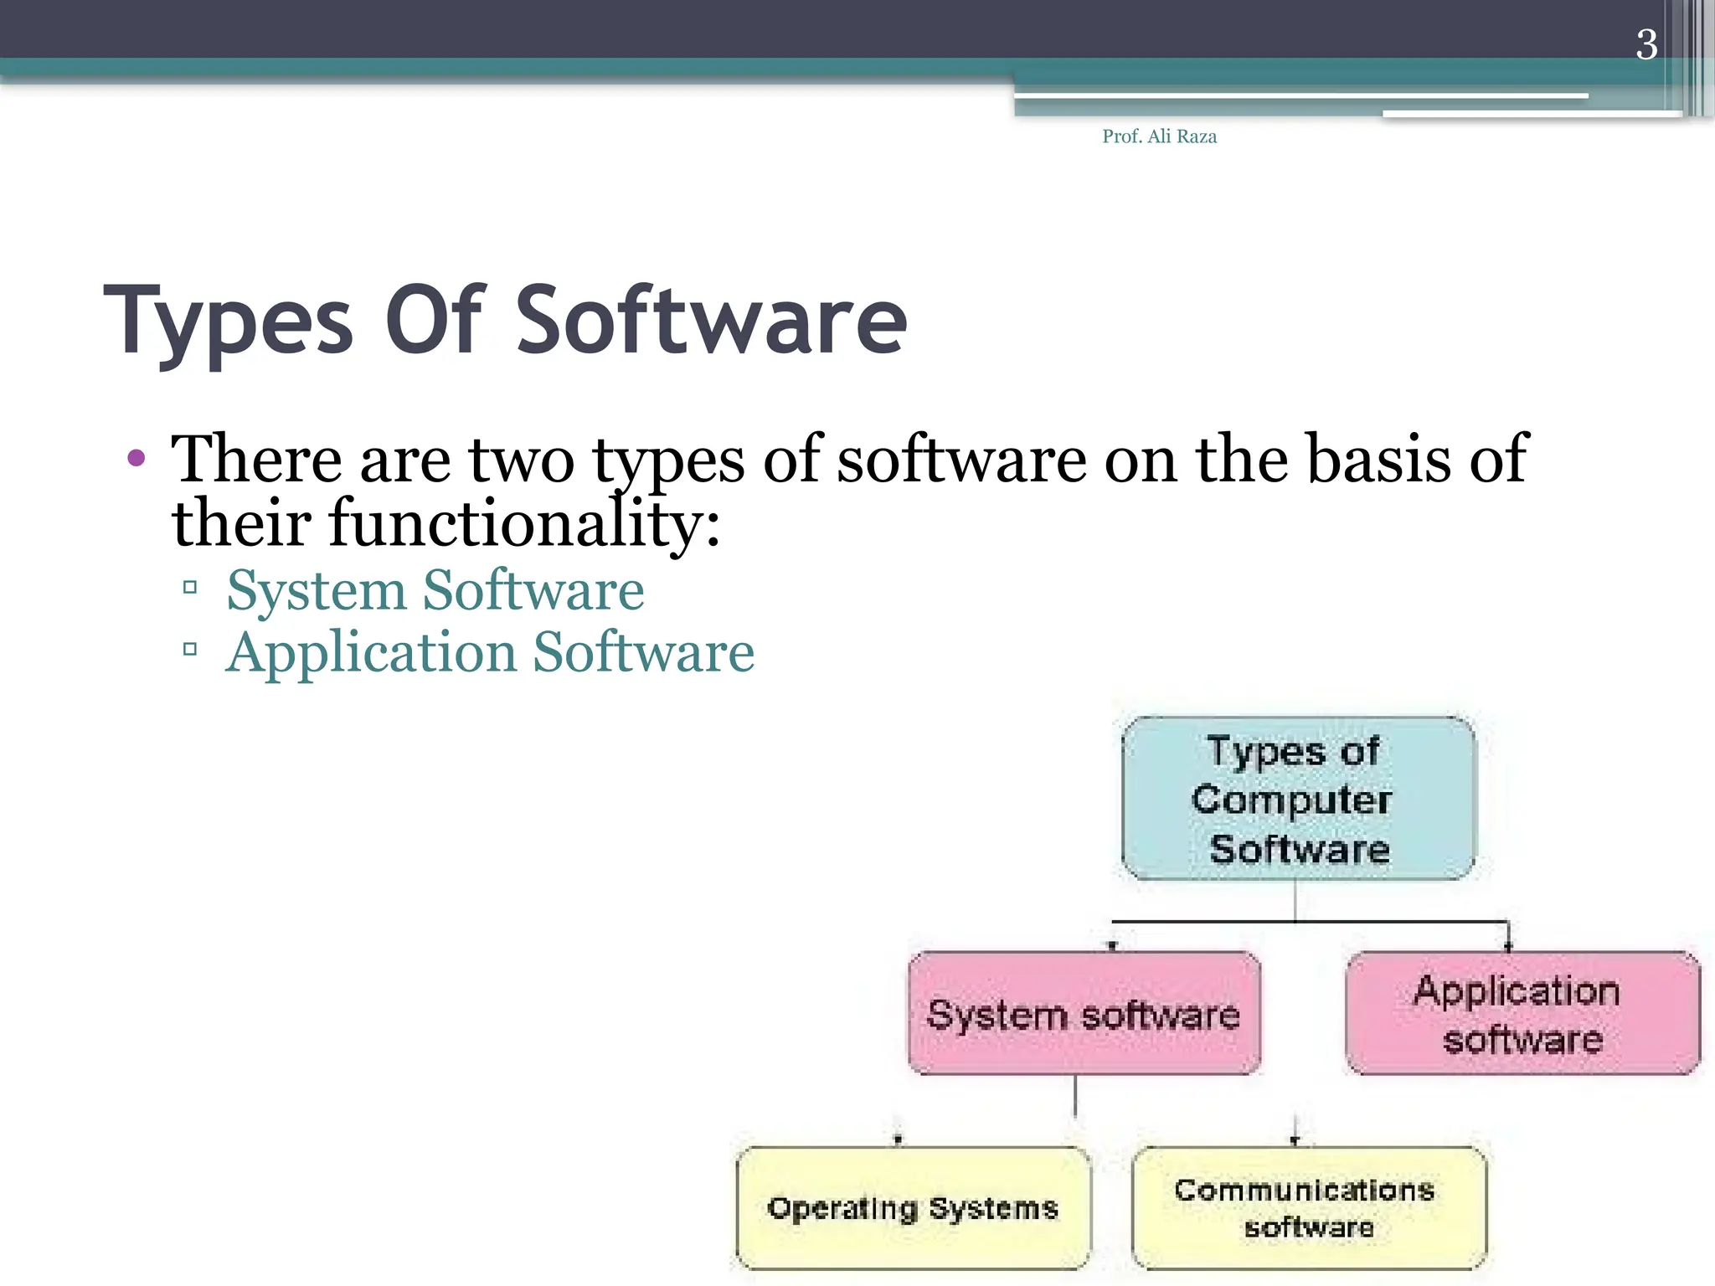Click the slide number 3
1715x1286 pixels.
[1646, 44]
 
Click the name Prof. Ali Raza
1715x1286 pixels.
[1159, 136]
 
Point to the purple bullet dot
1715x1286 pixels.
[136, 458]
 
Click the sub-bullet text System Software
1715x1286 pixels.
[435, 590]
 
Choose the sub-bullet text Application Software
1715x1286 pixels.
[490, 652]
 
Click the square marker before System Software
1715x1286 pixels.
[190, 587]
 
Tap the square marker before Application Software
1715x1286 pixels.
[190, 649]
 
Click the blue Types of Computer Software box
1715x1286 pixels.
[1298, 799]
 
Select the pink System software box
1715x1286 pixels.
[1084, 1014]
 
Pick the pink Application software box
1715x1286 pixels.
[1522, 1014]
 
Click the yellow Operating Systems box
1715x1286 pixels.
[914, 1208]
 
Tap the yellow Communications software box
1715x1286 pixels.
[1309, 1208]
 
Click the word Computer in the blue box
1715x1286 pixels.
[1291, 800]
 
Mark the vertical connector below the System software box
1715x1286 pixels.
[1076, 1097]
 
